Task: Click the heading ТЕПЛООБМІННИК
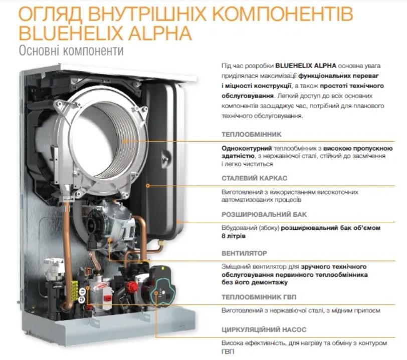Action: [x=251, y=134]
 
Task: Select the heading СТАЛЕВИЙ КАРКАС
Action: [x=254, y=178]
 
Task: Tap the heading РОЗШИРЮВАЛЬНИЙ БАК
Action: [x=264, y=214]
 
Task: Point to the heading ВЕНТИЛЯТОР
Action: [x=244, y=253]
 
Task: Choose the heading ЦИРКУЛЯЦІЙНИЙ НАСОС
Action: [x=264, y=330]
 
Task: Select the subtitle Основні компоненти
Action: [x=70, y=51]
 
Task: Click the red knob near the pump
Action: [x=132, y=286]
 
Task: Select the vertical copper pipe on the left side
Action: [x=67, y=240]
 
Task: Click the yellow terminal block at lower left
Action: [x=75, y=290]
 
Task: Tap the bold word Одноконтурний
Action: [x=246, y=149]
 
